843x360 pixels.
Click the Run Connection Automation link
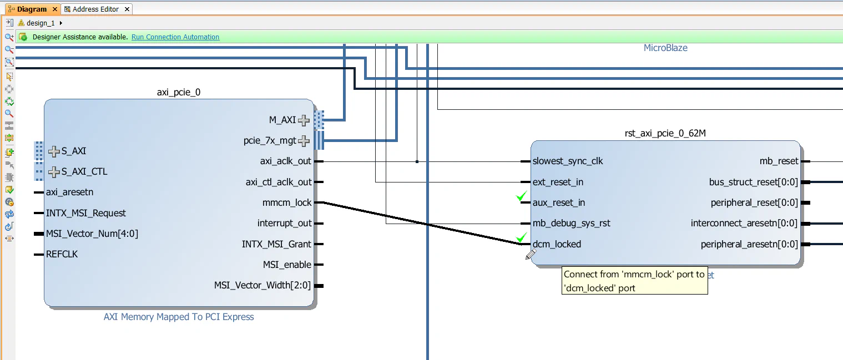tap(175, 37)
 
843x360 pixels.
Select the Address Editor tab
tap(95, 9)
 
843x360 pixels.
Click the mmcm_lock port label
tap(287, 203)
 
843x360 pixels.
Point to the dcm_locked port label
tap(557, 244)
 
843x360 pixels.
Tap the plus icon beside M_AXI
tap(304, 120)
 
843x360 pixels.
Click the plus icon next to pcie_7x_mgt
tap(304, 141)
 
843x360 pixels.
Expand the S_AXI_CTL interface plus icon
tap(54, 172)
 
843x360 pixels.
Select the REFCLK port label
tap(62, 255)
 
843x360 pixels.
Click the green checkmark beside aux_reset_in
tap(521, 196)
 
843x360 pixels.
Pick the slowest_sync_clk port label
tap(567, 161)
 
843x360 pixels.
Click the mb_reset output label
tap(779, 161)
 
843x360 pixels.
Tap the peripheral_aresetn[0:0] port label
tap(749, 244)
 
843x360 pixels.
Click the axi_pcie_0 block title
tap(179, 92)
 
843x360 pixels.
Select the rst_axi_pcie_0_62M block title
tap(665, 133)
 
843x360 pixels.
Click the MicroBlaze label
tap(665, 48)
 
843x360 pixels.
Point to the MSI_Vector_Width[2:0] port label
tap(263, 286)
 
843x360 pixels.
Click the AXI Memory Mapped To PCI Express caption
tap(179, 317)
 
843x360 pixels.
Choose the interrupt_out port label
tap(285, 224)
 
